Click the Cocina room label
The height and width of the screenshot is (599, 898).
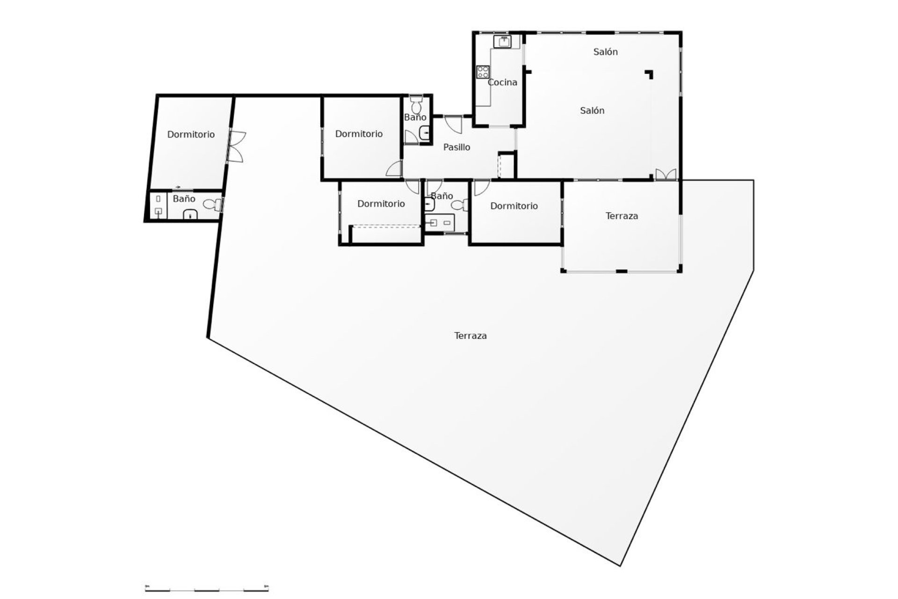pyautogui.click(x=502, y=82)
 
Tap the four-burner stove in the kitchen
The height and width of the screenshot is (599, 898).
pyautogui.click(x=483, y=72)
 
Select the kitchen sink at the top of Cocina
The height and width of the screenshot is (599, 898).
pyautogui.click(x=504, y=42)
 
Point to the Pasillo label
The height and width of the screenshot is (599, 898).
pyautogui.click(x=456, y=147)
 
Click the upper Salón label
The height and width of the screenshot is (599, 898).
pyautogui.click(x=606, y=52)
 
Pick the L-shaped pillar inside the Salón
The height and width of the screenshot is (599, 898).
pyautogui.click(x=649, y=74)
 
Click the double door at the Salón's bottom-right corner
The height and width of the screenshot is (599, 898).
pyautogui.click(x=666, y=174)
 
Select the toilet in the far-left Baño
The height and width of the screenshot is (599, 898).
pyautogui.click(x=213, y=205)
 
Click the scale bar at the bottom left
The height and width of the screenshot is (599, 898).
pyautogui.click(x=207, y=588)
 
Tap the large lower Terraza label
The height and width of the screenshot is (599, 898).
pyautogui.click(x=471, y=336)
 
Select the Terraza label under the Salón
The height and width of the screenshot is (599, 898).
pyautogui.click(x=622, y=216)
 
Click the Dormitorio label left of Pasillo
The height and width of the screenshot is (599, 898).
pyautogui.click(x=359, y=134)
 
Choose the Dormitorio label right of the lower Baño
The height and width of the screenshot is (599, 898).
pyautogui.click(x=514, y=206)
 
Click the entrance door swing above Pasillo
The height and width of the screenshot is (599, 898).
pyautogui.click(x=453, y=124)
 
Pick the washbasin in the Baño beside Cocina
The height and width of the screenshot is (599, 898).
pyautogui.click(x=424, y=133)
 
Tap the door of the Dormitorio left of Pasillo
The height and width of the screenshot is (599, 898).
pyautogui.click(x=394, y=168)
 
